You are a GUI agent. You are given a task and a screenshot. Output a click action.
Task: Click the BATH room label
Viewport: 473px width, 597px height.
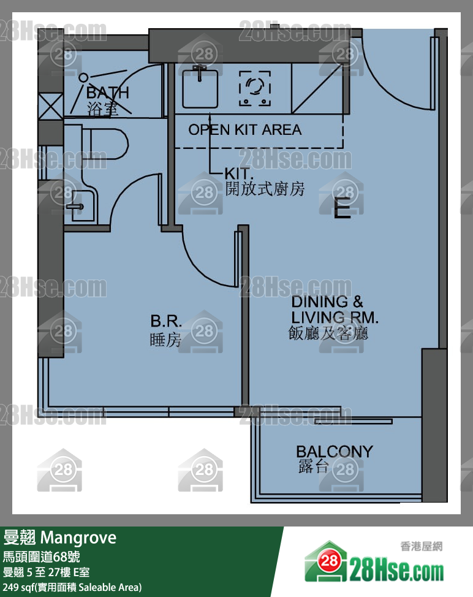108,93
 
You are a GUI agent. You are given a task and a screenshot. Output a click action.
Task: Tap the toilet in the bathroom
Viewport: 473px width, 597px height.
105,144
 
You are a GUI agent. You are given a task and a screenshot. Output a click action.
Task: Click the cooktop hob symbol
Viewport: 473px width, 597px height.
255,88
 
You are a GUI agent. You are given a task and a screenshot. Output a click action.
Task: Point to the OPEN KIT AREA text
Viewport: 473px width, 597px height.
245,130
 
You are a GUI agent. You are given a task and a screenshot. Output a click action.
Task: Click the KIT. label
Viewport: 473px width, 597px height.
238,173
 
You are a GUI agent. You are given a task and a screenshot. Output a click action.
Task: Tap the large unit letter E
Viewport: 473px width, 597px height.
342,208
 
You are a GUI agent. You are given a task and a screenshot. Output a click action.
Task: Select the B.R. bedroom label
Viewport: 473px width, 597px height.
166,321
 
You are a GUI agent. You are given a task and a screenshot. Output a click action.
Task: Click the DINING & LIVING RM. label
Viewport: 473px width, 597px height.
335,309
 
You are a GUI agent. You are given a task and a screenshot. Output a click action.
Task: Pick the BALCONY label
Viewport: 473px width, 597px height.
335,452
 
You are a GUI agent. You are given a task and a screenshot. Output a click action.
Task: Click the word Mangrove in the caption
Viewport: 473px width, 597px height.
78,538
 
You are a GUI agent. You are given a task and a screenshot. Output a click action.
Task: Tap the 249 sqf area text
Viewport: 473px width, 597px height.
72,587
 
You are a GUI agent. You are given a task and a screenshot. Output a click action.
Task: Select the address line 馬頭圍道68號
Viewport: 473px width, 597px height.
42,557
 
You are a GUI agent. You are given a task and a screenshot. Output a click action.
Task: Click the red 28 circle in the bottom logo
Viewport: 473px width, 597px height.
330,560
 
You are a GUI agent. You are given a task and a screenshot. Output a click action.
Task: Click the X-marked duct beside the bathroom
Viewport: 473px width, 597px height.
51,107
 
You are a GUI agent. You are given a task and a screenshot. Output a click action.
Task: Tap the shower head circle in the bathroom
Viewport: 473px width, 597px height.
83,78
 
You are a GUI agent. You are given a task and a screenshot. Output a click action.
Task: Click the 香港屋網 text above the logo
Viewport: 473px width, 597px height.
422,546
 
